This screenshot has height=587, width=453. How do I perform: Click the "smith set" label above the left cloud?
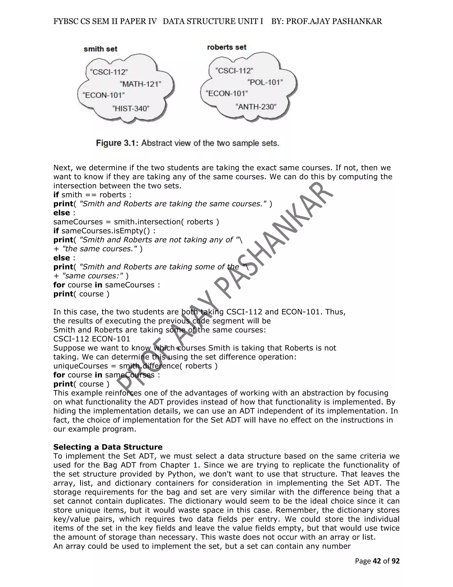click(x=100, y=49)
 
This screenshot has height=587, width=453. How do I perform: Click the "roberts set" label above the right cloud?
click(x=226, y=47)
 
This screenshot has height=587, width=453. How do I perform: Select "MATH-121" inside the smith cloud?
click(x=140, y=84)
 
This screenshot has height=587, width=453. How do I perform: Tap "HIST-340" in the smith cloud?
click(x=131, y=109)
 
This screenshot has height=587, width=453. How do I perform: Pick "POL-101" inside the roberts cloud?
click(x=265, y=82)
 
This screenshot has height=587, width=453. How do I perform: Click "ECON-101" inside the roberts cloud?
click(x=226, y=93)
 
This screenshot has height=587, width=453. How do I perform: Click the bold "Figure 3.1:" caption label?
click(x=117, y=143)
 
